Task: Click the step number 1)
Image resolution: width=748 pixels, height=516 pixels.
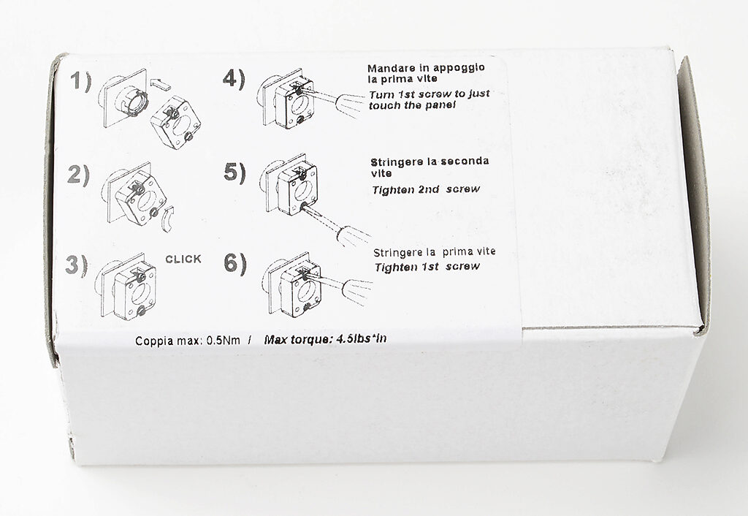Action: coord(80,81)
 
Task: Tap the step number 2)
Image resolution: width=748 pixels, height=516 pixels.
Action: coord(78,175)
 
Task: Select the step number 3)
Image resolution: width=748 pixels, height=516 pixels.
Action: coord(77,265)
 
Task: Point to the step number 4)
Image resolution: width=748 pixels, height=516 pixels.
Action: coord(234,79)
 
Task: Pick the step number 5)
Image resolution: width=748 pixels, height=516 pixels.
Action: coord(234,172)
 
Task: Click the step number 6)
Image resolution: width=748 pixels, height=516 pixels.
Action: coord(235,264)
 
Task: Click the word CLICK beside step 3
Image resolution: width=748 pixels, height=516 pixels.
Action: coord(183,259)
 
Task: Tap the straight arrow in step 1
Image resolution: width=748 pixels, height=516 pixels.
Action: coord(160,85)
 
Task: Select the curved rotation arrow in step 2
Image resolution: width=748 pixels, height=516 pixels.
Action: coord(167,219)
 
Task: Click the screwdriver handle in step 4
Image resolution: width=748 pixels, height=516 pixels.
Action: coord(352,105)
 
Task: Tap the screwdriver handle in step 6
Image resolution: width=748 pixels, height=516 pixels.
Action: coord(356,290)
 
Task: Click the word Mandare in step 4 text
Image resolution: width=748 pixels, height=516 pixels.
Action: coord(392,68)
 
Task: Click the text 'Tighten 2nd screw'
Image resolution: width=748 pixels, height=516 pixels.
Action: coord(426,189)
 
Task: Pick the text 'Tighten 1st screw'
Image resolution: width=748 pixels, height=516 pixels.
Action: coord(427,267)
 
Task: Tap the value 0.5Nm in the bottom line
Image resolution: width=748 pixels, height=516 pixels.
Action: coord(224,341)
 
